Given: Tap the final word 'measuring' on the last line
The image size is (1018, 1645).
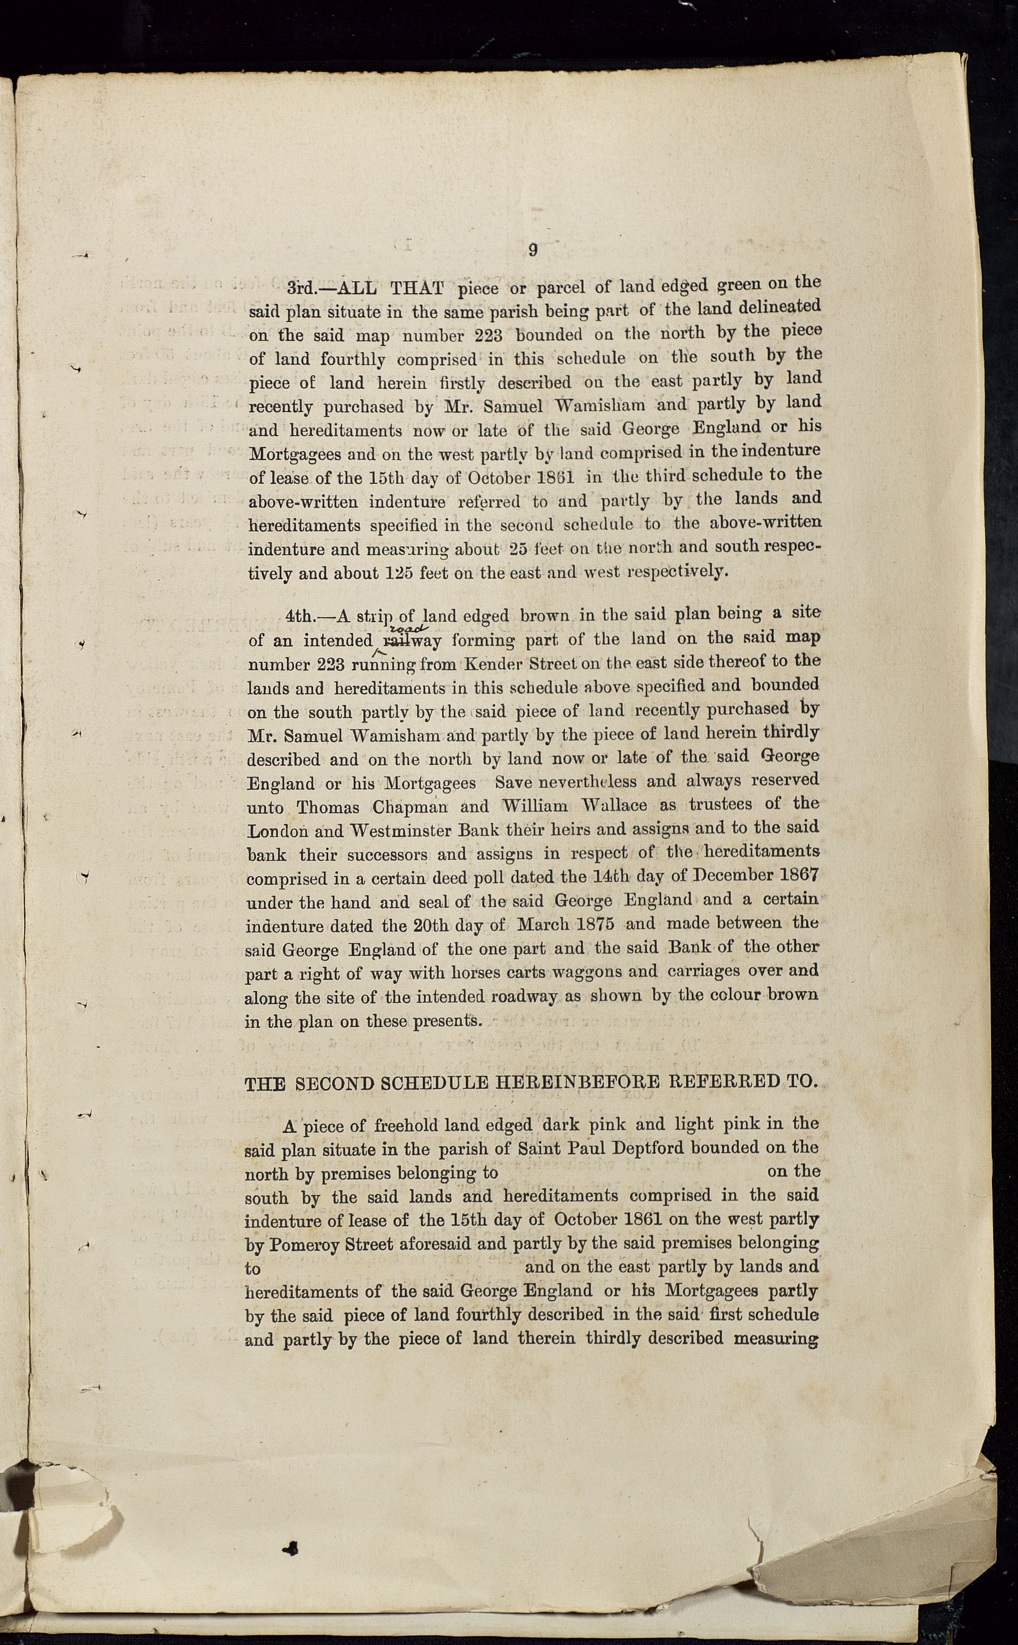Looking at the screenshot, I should tap(776, 1338).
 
